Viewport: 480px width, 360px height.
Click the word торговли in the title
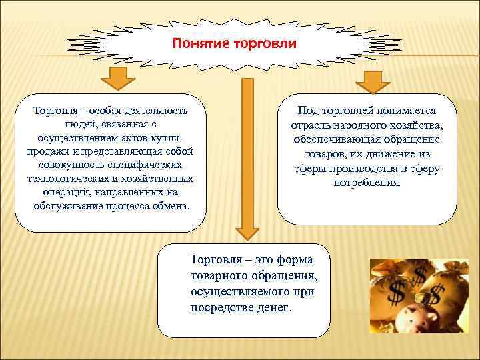261,44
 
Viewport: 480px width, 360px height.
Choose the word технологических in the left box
65,179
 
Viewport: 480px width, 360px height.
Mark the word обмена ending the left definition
171,206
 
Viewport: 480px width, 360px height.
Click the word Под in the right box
309,110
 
